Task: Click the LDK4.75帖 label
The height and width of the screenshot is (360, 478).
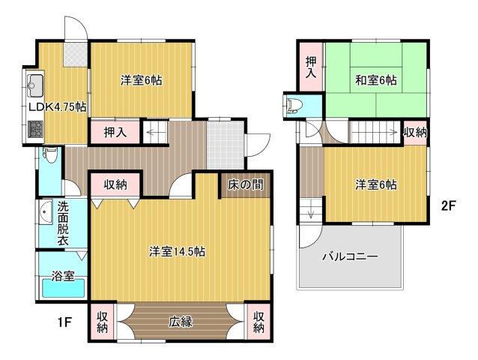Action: (x=58, y=107)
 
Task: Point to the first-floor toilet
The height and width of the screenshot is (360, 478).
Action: (x=50, y=155)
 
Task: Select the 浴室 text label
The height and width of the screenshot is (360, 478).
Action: (x=63, y=276)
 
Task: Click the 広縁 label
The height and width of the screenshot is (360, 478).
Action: (x=181, y=322)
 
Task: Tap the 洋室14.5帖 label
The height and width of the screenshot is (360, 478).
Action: (x=178, y=252)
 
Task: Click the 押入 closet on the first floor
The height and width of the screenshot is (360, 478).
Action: (x=115, y=133)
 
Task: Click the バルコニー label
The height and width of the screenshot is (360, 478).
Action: (x=350, y=256)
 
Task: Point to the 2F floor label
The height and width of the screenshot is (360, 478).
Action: (x=448, y=205)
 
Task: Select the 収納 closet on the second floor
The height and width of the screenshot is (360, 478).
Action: (x=415, y=133)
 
